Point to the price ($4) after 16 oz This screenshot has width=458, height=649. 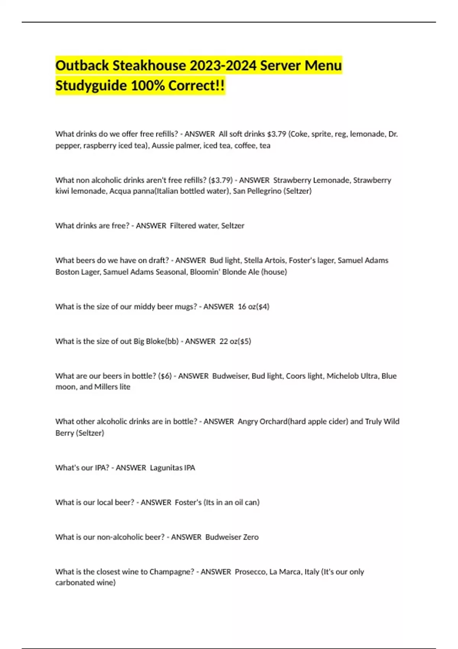pyautogui.click(x=264, y=307)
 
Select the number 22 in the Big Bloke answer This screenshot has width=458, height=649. pyautogui.click(x=224, y=341)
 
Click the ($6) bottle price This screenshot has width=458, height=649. pyautogui.click(x=165, y=376)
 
